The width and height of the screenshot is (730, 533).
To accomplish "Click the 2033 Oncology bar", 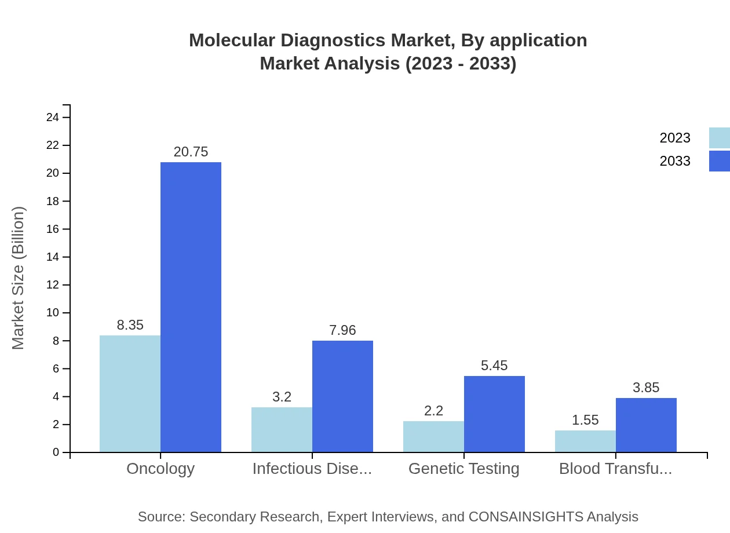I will (x=191, y=307).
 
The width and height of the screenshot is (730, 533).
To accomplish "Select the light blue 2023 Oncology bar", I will (x=130, y=393).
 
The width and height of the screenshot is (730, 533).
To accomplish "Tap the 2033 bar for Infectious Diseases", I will (x=342, y=396).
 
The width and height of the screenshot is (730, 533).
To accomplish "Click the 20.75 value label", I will (x=191, y=152).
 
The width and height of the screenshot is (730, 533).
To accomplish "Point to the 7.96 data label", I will (x=342, y=330).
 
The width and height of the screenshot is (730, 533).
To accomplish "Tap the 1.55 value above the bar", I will (x=585, y=420).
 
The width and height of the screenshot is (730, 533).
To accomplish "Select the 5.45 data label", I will (x=494, y=366).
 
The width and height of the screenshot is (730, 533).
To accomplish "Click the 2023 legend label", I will (x=675, y=138).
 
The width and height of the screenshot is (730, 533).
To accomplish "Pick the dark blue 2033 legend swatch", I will (x=719, y=161).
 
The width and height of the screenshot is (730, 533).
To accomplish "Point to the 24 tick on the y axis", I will (x=53, y=118).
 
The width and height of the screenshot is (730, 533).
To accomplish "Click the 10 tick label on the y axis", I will (x=53, y=313).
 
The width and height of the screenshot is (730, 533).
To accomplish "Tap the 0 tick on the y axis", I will (x=56, y=452).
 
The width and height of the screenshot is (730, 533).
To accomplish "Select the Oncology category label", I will (x=160, y=468).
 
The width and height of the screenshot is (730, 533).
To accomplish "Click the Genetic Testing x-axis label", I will (x=463, y=468).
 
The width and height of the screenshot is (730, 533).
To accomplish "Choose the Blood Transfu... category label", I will (x=615, y=468).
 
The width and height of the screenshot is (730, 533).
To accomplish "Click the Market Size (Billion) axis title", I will (x=19, y=278).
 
